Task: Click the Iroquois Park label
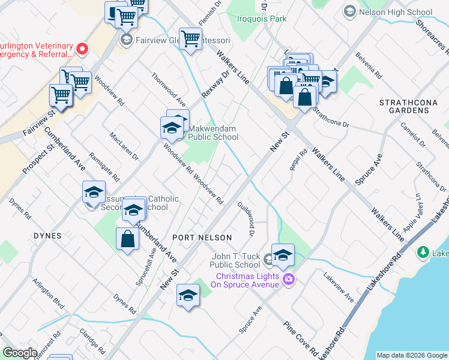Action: coord(261,19)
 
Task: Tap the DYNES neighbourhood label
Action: coord(47,236)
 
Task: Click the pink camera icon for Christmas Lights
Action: coord(288,279)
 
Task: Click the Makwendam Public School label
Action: coord(213,133)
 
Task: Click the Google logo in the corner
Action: coord(20,353)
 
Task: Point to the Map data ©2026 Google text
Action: coord(412,355)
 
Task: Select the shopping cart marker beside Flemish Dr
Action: coord(190,40)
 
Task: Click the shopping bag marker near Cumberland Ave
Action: coord(127,239)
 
